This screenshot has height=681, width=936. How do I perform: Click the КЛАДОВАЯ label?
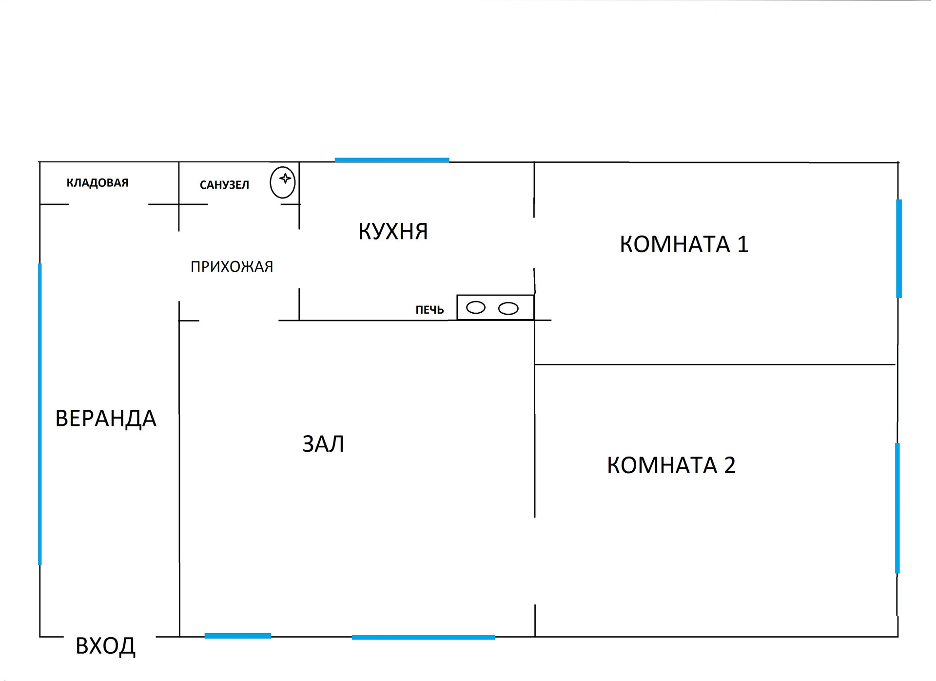[97, 183]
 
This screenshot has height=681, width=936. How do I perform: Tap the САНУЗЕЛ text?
[224, 185]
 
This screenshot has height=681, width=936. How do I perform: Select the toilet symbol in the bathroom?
[283, 182]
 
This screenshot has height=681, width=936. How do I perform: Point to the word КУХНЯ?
[393, 232]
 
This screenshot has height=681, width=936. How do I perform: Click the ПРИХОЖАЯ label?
[232, 267]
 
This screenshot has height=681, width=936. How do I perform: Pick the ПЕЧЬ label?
[429, 310]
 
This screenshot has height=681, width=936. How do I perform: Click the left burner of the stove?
[476, 308]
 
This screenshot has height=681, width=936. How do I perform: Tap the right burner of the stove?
[508, 308]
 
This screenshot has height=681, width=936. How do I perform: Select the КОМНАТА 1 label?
[684, 244]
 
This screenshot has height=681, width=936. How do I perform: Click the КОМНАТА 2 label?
[671, 465]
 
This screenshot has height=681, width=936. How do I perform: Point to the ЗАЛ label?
[323, 444]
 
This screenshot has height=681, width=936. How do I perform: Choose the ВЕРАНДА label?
[106, 419]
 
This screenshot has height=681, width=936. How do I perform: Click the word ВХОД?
[105, 646]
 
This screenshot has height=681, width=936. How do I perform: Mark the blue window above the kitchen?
[392, 160]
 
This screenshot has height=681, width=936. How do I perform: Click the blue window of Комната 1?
[899, 248]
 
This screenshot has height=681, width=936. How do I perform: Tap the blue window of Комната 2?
[897, 508]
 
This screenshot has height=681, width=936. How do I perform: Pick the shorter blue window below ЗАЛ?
[238, 636]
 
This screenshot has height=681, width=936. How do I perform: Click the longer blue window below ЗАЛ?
[423, 637]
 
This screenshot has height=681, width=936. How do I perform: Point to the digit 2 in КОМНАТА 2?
[730, 465]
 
